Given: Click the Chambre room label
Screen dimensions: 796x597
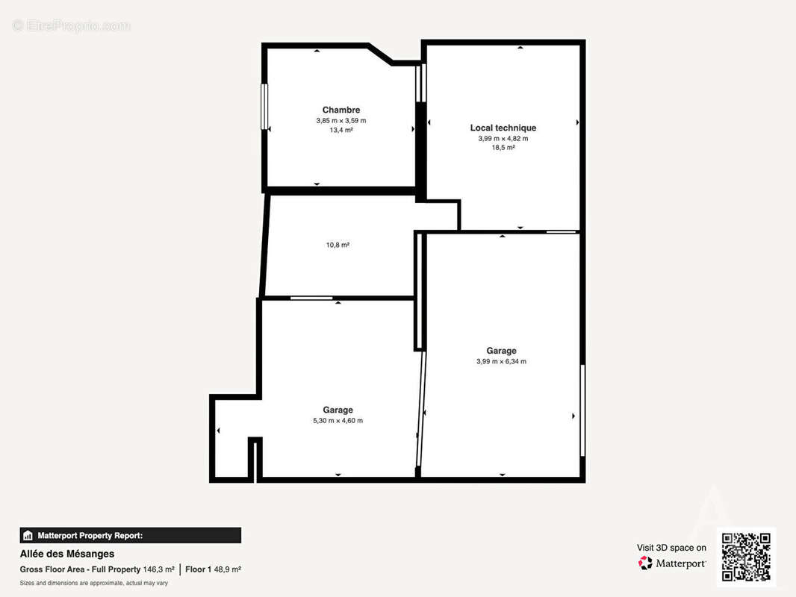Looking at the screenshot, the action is click(341, 110).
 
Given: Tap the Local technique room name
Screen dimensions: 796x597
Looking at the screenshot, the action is click(503, 128).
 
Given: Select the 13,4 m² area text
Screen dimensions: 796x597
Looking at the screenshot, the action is click(341, 130).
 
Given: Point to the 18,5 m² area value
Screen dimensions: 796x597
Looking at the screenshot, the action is click(503, 148).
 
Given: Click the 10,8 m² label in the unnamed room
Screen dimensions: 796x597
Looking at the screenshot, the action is click(338, 245).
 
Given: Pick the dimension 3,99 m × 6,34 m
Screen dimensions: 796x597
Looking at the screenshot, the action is click(502, 362).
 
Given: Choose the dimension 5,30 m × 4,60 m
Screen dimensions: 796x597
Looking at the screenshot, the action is click(338, 420).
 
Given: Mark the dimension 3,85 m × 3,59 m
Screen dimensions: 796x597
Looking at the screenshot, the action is click(341, 121).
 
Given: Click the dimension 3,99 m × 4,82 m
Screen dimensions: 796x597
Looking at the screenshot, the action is click(503, 139).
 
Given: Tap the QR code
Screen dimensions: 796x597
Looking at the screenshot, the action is click(746, 557).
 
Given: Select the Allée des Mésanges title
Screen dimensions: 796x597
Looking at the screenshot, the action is click(67, 554).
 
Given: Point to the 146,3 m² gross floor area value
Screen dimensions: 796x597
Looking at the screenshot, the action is click(159, 569).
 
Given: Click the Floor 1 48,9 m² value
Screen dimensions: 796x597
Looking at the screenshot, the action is click(214, 569).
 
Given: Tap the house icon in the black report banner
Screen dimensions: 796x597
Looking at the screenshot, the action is click(28, 535).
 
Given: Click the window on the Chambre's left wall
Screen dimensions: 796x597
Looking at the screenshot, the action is click(264, 107).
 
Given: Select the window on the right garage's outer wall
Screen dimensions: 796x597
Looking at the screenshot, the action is click(582, 410).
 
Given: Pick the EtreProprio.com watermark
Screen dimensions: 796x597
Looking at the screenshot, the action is click(71, 25).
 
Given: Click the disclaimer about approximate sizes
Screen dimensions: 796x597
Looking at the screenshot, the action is click(94, 584).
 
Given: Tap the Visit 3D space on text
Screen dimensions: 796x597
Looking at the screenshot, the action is click(671, 548).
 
